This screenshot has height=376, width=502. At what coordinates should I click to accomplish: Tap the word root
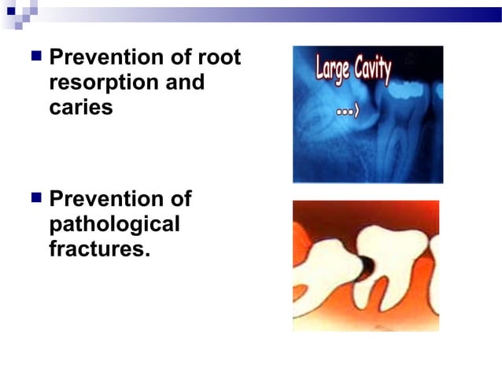(x=220, y=58)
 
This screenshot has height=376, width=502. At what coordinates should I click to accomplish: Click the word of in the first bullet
(x=185, y=58)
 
